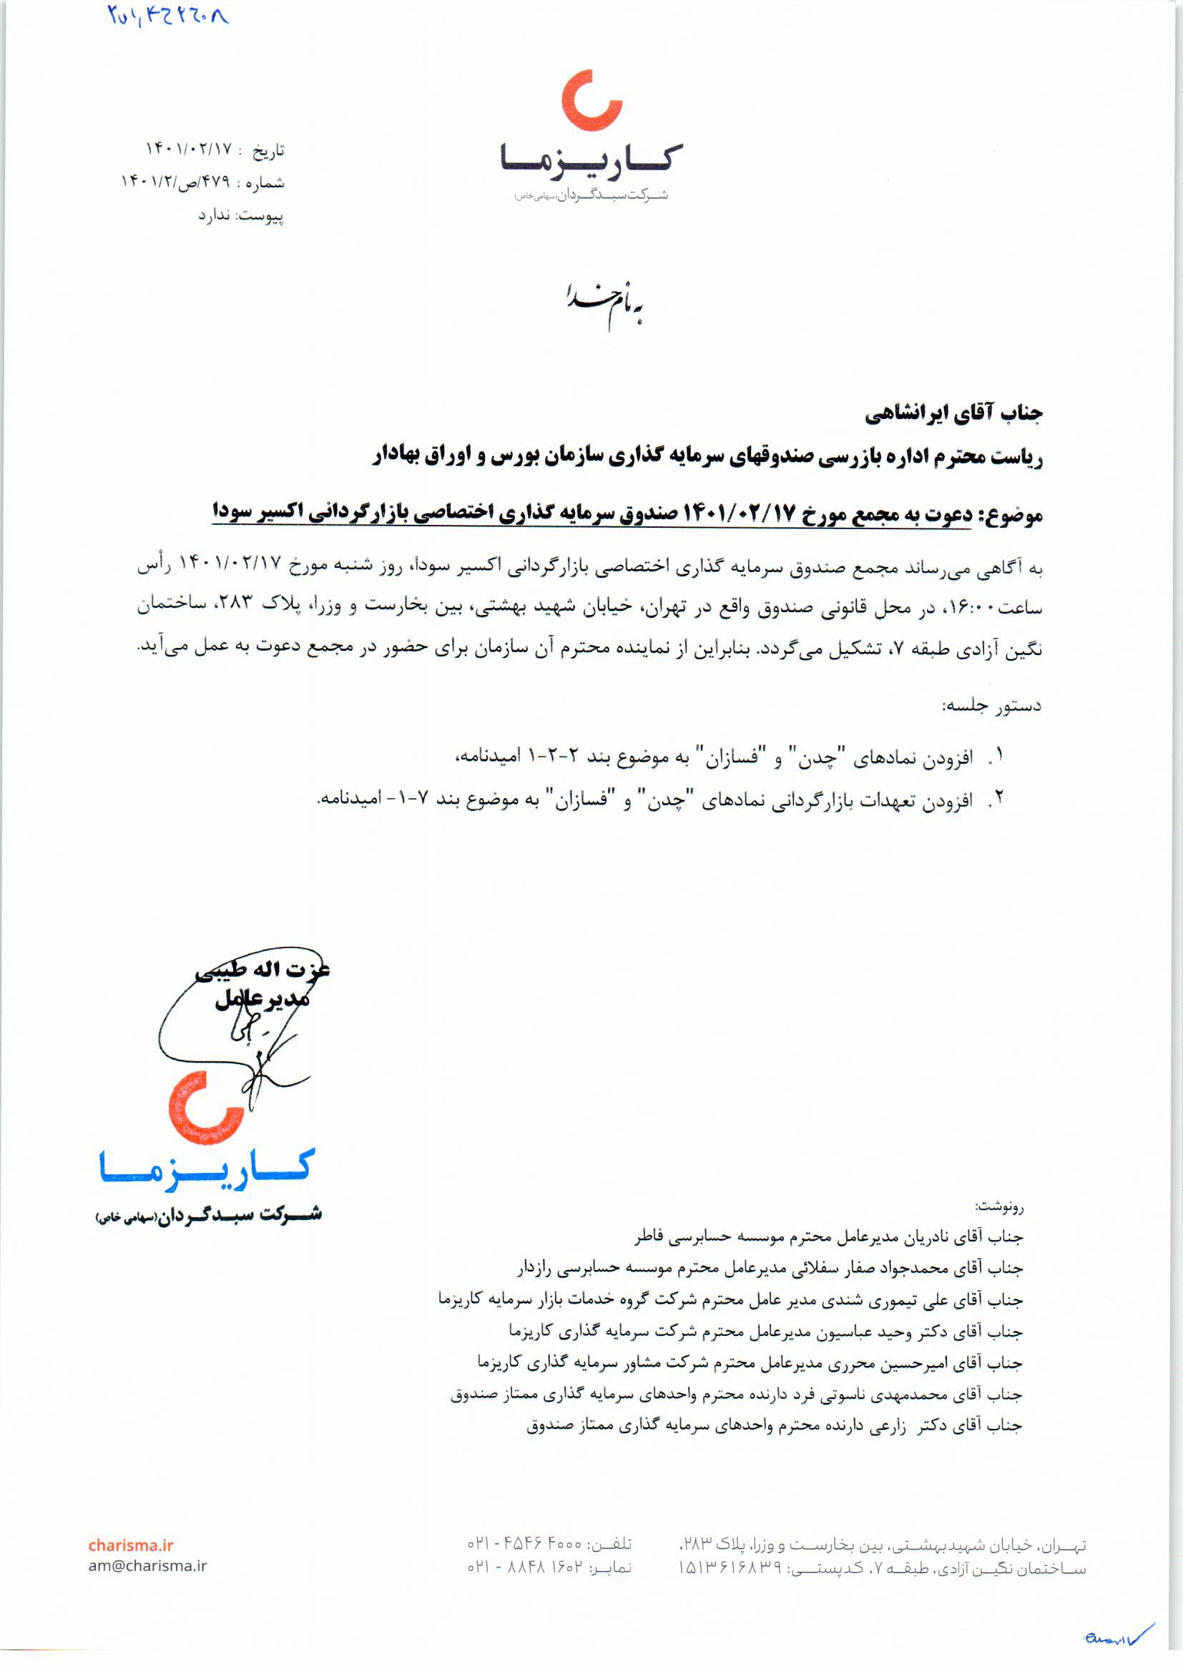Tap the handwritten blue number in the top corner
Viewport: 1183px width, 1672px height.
pos(168,15)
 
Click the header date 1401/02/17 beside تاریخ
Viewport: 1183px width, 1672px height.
pos(189,150)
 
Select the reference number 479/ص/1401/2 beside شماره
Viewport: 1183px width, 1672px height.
pos(175,183)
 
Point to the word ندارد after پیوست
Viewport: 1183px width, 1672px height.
pos(214,216)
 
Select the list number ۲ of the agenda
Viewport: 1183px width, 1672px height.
pos(999,799)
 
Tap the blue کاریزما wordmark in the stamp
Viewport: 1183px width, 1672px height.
pos(207,1170)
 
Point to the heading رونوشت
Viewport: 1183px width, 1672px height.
pos(999,1206)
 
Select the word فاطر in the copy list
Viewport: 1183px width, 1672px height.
pos(649,1237)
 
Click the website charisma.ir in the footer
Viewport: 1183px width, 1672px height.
pos(131,1545)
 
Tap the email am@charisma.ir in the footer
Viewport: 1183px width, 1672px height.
pos(148,1565)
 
